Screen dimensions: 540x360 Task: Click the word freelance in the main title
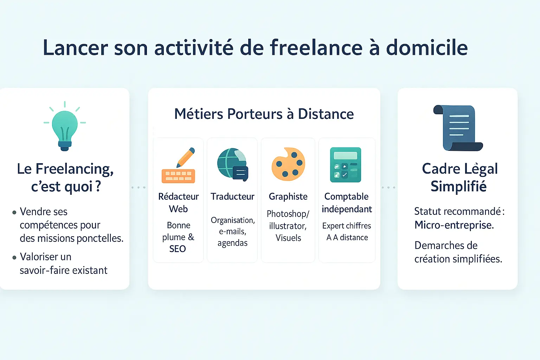316,47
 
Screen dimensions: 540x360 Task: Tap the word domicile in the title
427,47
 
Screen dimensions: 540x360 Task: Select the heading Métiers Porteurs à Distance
264,114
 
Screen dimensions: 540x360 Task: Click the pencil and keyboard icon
178,165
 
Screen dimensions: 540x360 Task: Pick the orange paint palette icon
288,164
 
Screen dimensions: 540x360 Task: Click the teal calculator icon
346,165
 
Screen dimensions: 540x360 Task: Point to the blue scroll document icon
458,128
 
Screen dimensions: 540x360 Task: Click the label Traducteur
232,197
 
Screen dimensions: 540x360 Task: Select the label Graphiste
288,197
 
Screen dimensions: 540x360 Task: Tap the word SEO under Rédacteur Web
178,249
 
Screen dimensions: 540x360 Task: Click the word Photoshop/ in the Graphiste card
288,214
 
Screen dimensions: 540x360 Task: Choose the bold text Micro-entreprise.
454,225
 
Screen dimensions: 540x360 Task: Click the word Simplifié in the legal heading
458,186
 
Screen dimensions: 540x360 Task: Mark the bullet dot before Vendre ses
14,212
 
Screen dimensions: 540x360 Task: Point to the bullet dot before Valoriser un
14,258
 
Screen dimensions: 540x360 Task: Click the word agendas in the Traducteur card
232,243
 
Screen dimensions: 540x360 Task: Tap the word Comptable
346,197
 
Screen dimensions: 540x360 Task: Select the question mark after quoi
98,186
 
